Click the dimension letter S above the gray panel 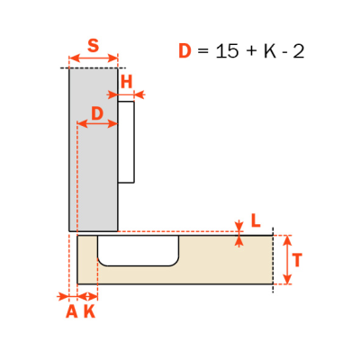tap(93, 46)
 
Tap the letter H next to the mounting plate tap(126, 82)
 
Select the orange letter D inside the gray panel tap(97, 113)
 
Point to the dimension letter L tap(256, 221)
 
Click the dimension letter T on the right tap(297, 260)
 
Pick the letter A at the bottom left tap(71, 312)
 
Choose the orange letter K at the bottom tap(89, 312)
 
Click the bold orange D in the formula tap(184, 51)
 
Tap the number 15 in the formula tap(228, 51)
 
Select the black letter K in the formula tap(270, 51)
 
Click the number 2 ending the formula tap(298, 51)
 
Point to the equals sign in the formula tap(203, 51)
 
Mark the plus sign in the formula tap(252, 52)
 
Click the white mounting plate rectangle tap(126, 142)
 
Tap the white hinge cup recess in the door tap(139, 250)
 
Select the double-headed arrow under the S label tap(94, 58)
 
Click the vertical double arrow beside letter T tap(287, 259)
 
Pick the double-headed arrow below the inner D tap(97, 123)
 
